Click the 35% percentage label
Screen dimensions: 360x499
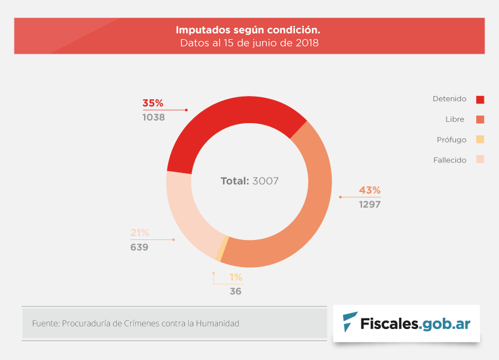tap(153, 103)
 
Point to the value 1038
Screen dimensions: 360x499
tap(153, 117)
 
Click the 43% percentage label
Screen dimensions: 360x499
tap(370, 190)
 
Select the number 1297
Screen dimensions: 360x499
tap(370, 204)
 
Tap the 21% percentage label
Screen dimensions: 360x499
tap(140, 232)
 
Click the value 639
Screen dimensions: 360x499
tap(140, 247)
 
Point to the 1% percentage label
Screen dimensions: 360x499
tap(236, 277)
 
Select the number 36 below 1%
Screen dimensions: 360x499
tap(236, 291)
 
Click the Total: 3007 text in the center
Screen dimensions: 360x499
tap(249, 181)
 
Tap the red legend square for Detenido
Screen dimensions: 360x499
tap(480, 99)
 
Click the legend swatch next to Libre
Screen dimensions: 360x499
tap(480, 119)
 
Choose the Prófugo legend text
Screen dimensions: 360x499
tap(451, 140)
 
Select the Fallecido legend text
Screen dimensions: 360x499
tap(450, 160)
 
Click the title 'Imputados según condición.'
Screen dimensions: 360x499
tap(248, 30)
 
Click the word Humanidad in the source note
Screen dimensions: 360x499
tap(219, 323)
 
